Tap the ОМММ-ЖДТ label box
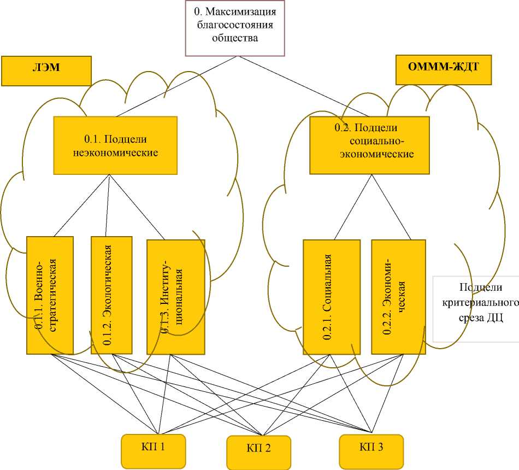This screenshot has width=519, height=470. coord(443,70)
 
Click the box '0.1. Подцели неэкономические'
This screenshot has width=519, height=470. coord(115,145)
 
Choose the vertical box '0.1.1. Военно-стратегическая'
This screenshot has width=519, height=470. coord(50,295)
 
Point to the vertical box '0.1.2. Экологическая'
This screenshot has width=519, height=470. coord(111,295)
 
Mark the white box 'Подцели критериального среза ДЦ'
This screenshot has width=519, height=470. coord(475,309)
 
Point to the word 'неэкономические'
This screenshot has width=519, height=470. coord(115,152)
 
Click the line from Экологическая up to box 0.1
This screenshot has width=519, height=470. coord(108,205)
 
